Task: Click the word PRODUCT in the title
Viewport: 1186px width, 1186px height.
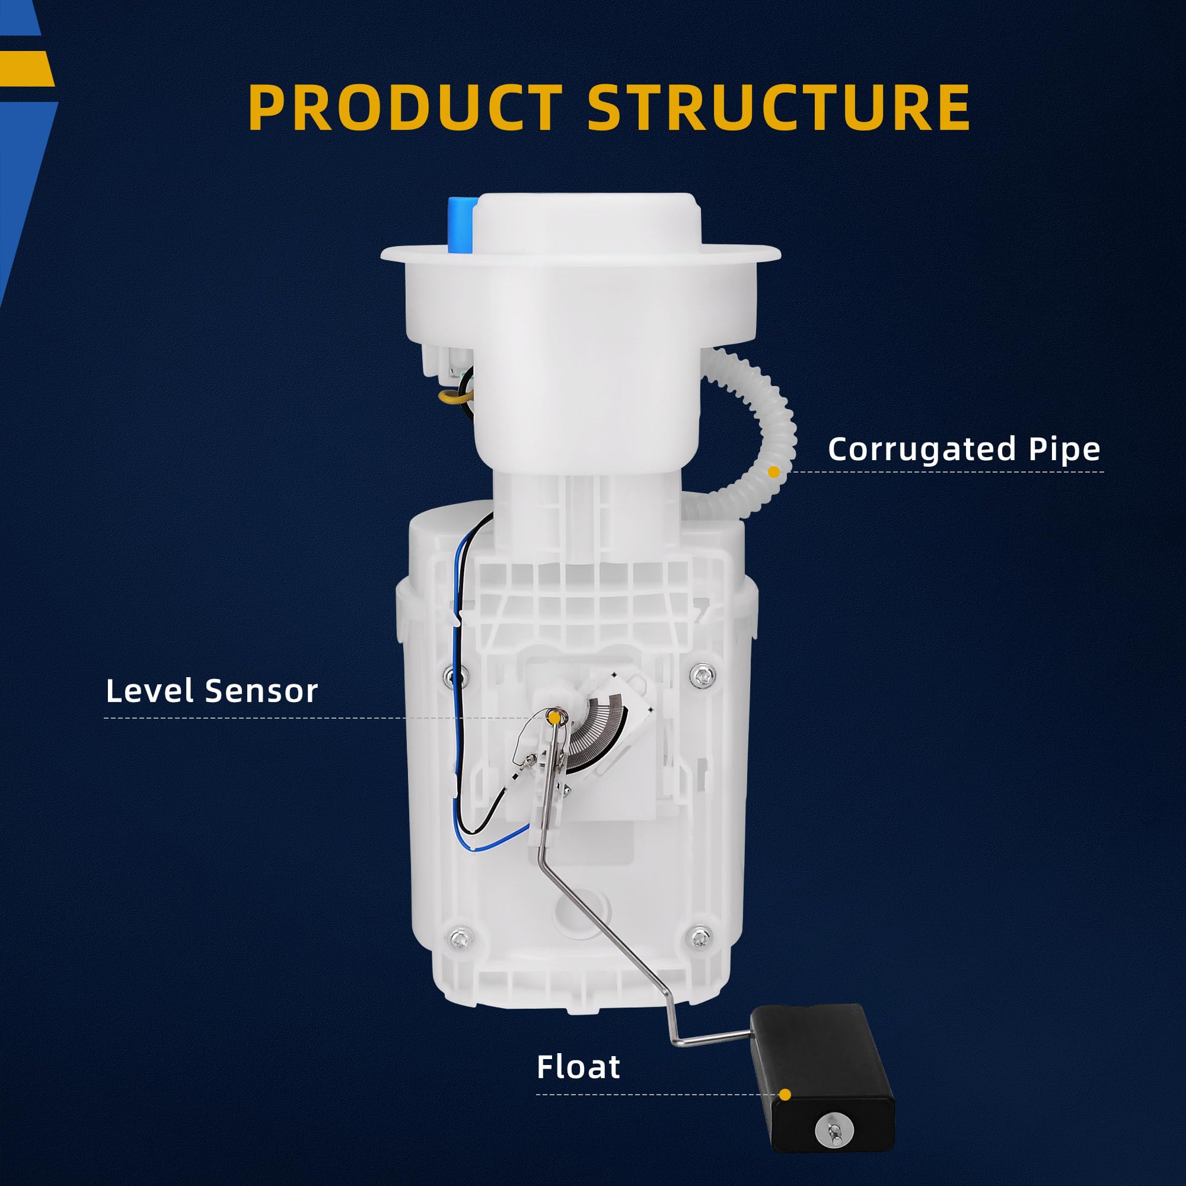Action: click(404, 107)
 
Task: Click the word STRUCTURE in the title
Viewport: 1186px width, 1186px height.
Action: click(779, 107)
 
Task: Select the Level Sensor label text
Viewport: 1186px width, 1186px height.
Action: click(212, 691)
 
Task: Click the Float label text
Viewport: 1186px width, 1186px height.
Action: click(578, 1015)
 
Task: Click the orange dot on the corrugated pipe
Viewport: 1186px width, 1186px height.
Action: click(773, 471)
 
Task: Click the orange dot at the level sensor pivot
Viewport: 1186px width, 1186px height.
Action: click(554, 716)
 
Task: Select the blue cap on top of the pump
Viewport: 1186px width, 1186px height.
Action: click(460, 224)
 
